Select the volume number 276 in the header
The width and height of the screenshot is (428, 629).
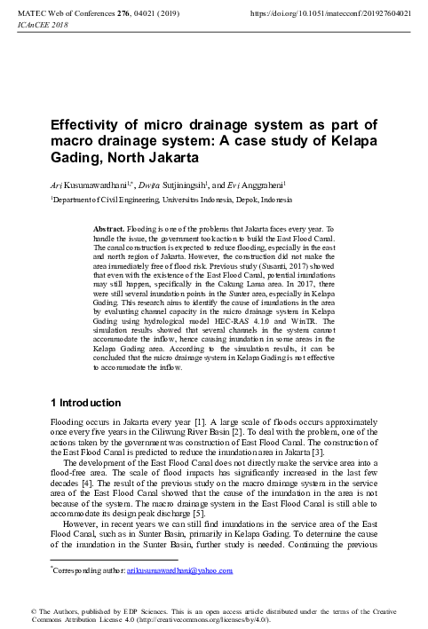point(121,14)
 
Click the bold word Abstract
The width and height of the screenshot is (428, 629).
point(111,229)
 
